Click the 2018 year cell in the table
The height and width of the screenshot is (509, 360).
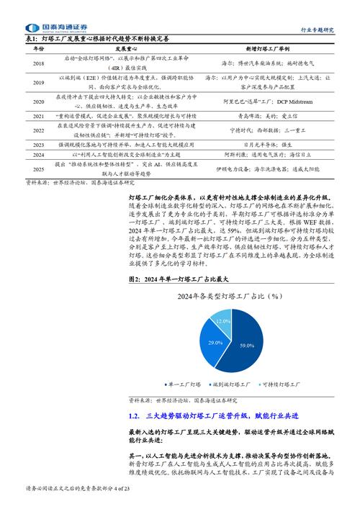point(38,64)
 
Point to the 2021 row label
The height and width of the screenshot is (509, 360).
point(38,115)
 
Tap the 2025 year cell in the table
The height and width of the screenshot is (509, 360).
point(38,169)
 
